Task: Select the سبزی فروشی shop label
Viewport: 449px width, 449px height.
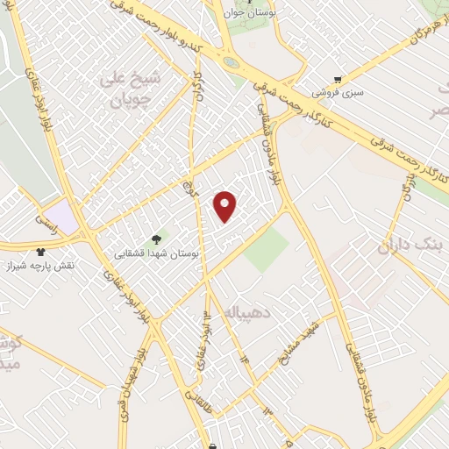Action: coord(339,91)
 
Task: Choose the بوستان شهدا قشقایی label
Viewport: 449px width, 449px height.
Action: coord(158,252)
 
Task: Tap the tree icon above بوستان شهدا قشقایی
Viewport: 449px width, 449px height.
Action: coord(158,238)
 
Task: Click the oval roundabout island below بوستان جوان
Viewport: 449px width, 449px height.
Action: coord(230,63)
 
